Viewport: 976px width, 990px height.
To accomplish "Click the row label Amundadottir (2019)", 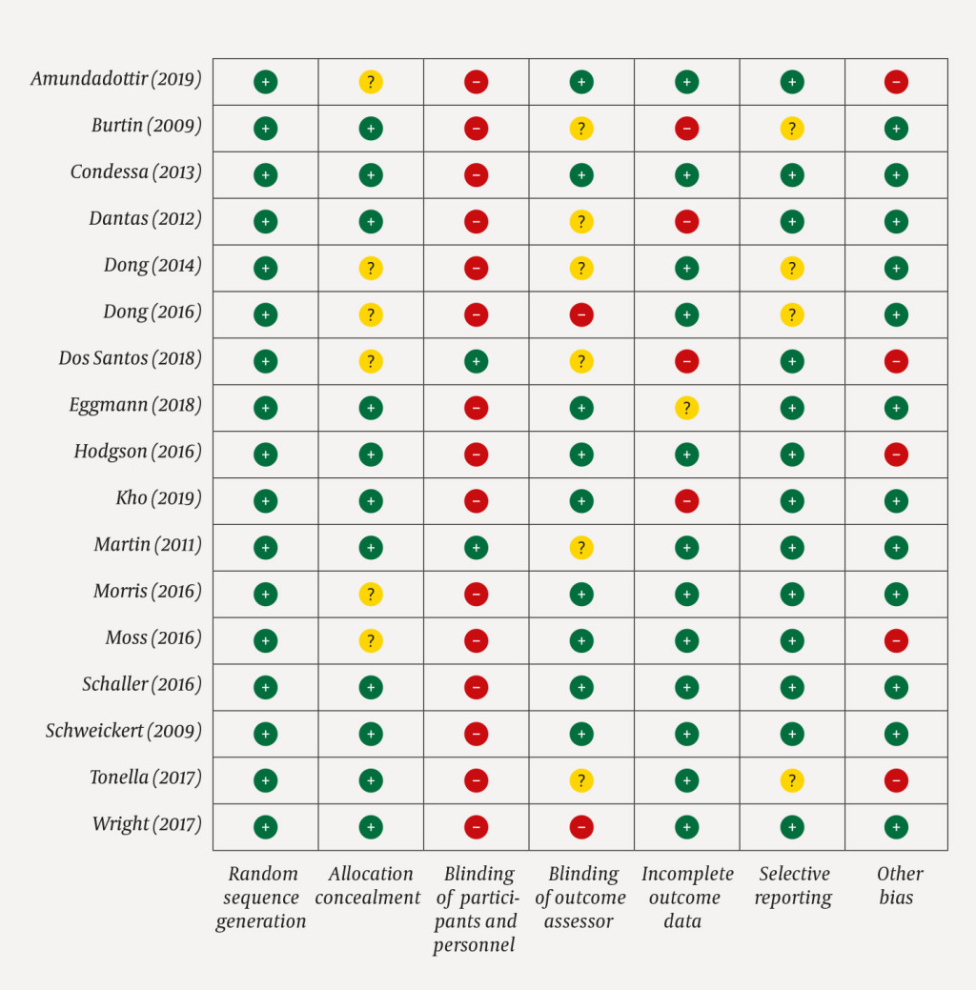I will point(115,79).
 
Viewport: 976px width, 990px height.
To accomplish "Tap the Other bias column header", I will point(898,885).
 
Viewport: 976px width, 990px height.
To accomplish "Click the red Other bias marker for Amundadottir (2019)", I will point(896,82).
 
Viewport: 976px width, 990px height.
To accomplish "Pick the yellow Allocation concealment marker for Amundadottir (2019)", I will point(371,82).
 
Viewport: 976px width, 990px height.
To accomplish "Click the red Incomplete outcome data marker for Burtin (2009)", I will point(686,129).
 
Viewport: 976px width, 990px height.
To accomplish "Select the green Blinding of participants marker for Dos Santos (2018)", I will point(476,361).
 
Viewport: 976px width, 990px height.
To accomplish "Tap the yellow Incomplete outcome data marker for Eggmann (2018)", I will point(686,408).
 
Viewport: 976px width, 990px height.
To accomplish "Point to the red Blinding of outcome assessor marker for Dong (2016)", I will point(581,314).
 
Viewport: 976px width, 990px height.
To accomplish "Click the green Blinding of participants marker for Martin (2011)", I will point(476,548).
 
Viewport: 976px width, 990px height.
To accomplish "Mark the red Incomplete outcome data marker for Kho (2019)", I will point(686,501).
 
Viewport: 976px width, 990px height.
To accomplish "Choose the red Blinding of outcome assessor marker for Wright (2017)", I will point(581,827).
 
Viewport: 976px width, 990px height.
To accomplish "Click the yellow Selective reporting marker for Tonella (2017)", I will point(791,781).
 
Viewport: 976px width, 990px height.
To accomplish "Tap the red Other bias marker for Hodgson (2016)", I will point(896,455).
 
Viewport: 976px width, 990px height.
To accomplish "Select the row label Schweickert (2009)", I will point(123,732).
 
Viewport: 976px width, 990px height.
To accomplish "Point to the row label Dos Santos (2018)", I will point(130,359).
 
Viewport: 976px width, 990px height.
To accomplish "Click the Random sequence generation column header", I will point(262,897).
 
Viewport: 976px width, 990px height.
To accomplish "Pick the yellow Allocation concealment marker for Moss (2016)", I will point(371,641).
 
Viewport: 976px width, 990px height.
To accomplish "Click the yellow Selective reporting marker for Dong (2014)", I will point(791,269).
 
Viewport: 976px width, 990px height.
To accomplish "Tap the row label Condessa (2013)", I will point(135,172).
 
